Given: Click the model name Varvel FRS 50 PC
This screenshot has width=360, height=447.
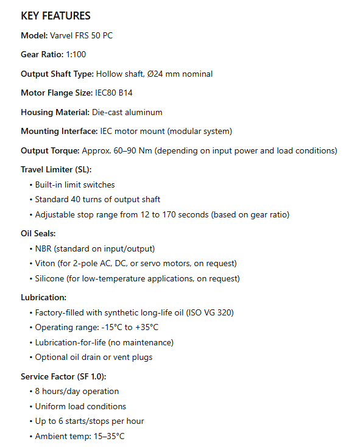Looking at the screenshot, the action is [x=81, y=35].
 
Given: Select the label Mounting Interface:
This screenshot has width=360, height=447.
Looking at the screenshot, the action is [x=58, y=132].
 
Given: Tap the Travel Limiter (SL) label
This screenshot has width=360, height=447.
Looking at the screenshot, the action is [x=57, y=170].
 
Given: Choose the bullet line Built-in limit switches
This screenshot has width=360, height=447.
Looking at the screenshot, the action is [x=75, y=185].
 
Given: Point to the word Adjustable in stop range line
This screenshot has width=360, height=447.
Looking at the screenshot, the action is [x=54, y=214].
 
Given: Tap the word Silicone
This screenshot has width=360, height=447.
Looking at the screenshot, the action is [x=51, y=279].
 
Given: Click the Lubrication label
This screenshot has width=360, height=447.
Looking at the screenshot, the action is [x=43, y=298].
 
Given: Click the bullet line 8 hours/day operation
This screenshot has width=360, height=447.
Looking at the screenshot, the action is [x=77, y=392].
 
